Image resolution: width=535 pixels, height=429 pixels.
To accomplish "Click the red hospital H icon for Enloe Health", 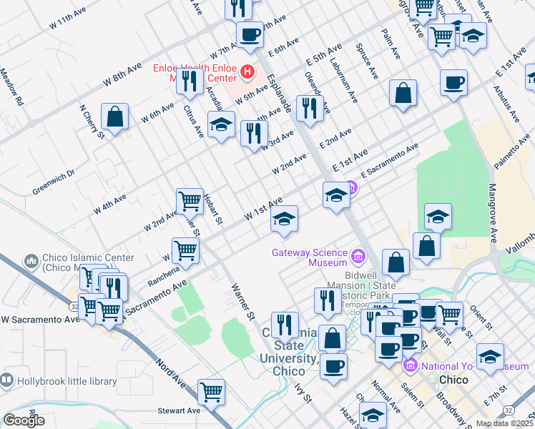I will [x=247, y=71].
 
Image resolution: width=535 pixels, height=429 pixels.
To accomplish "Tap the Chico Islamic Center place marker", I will [x=31, y=262].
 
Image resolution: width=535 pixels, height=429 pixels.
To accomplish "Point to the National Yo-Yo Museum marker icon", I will [x=410, y=366].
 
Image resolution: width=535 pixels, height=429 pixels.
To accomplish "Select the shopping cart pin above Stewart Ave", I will [x=212, y=391].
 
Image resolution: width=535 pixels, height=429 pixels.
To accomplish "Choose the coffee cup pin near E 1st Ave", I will [x=453, y=82].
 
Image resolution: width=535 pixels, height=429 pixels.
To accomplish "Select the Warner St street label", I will [x=242, y=301].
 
